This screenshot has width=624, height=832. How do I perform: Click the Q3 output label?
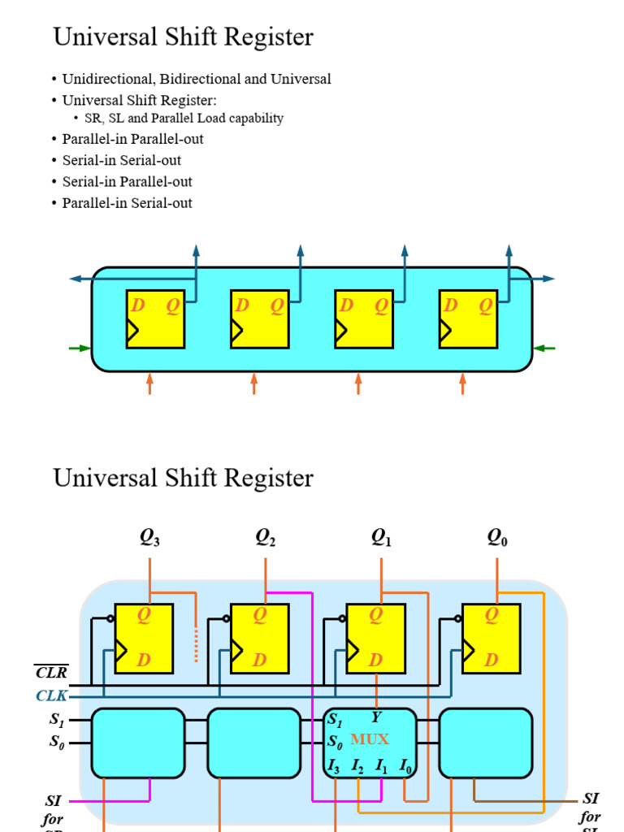click(149, 538)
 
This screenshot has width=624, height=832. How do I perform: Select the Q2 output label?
click(266, 538)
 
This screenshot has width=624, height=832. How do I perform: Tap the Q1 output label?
click(381, 538)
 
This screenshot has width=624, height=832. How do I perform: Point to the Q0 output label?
click(497, 538)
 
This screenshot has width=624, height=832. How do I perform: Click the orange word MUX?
click(370, 739)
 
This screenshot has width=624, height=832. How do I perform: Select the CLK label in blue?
click(51, 696)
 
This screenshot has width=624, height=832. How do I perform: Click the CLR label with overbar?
click(51, 673)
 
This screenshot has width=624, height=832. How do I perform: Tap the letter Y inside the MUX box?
click(376, 717)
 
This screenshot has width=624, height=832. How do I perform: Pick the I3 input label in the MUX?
click(334, 765)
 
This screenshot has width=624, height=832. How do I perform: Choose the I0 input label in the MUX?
click(405, 765)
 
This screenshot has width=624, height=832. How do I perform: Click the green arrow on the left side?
click(80, 349)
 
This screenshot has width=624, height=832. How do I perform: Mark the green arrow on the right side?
click(544, 349)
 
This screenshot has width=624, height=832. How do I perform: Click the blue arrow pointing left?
click(79, 279)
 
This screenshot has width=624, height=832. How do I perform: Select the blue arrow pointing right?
click(546, 279)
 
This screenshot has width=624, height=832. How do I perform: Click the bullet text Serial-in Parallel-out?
click(127, 182)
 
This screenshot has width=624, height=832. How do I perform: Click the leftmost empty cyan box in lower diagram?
click(138, 743)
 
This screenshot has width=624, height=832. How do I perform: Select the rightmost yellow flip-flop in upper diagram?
click(468, 318)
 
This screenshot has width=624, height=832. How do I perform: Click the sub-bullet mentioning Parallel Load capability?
click(184, 119)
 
